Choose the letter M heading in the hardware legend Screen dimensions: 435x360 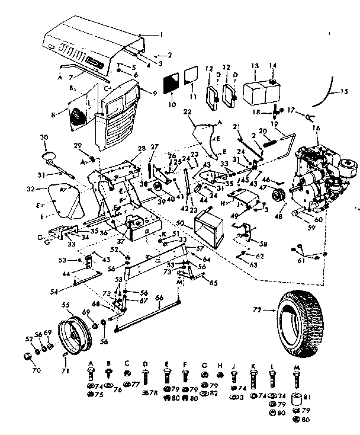295,362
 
